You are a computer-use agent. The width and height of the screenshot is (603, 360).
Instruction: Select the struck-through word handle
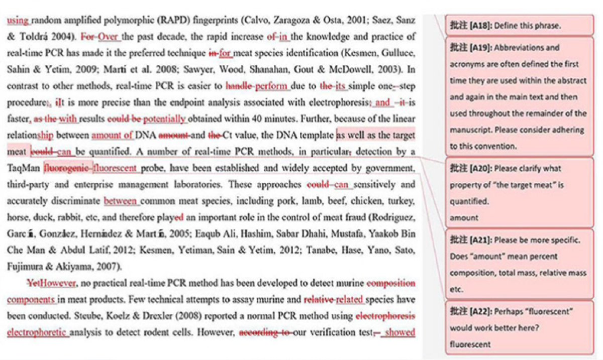pyautogui.click(x=239, y=85)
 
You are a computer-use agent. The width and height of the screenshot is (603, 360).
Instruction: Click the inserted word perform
pyautogui.click(x=272, y=85)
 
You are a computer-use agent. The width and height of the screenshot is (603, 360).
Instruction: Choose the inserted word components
pyautogui.click(x=31, y=300)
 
